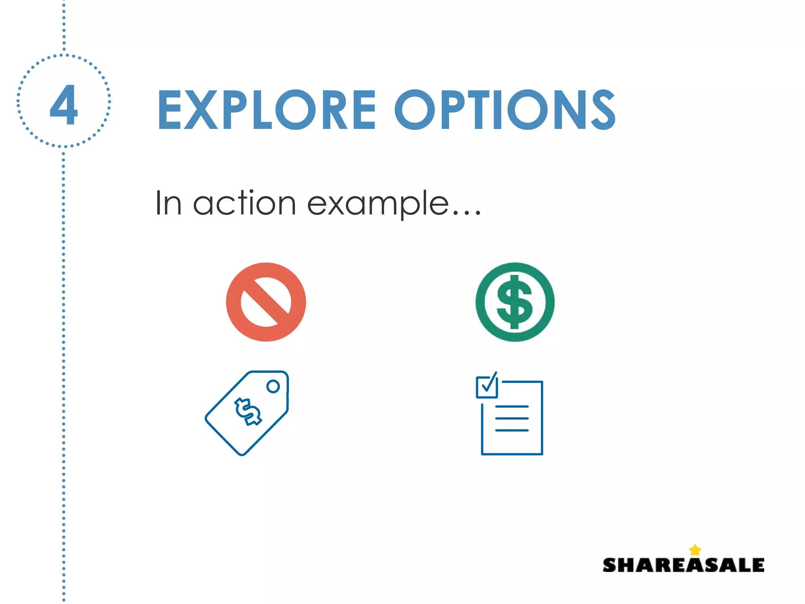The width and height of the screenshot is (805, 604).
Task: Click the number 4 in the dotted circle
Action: click(64, 104)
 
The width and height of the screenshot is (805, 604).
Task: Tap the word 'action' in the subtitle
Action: click(244, 204)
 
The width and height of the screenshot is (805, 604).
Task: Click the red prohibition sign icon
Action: click(266, 302)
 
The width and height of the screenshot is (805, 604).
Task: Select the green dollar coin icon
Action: click(515, 302)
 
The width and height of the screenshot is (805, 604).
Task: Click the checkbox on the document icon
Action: click(487, 386)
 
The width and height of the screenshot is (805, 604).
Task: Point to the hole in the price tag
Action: click(273, 386)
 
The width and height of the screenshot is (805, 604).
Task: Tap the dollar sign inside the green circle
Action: click(515, 302)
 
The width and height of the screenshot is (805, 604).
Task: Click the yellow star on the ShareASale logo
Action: click(695, 550)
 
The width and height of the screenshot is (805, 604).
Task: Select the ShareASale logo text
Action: click(683, 565)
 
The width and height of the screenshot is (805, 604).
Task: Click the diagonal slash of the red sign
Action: click(266, 302)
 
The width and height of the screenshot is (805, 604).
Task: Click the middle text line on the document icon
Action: click(512, 418)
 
